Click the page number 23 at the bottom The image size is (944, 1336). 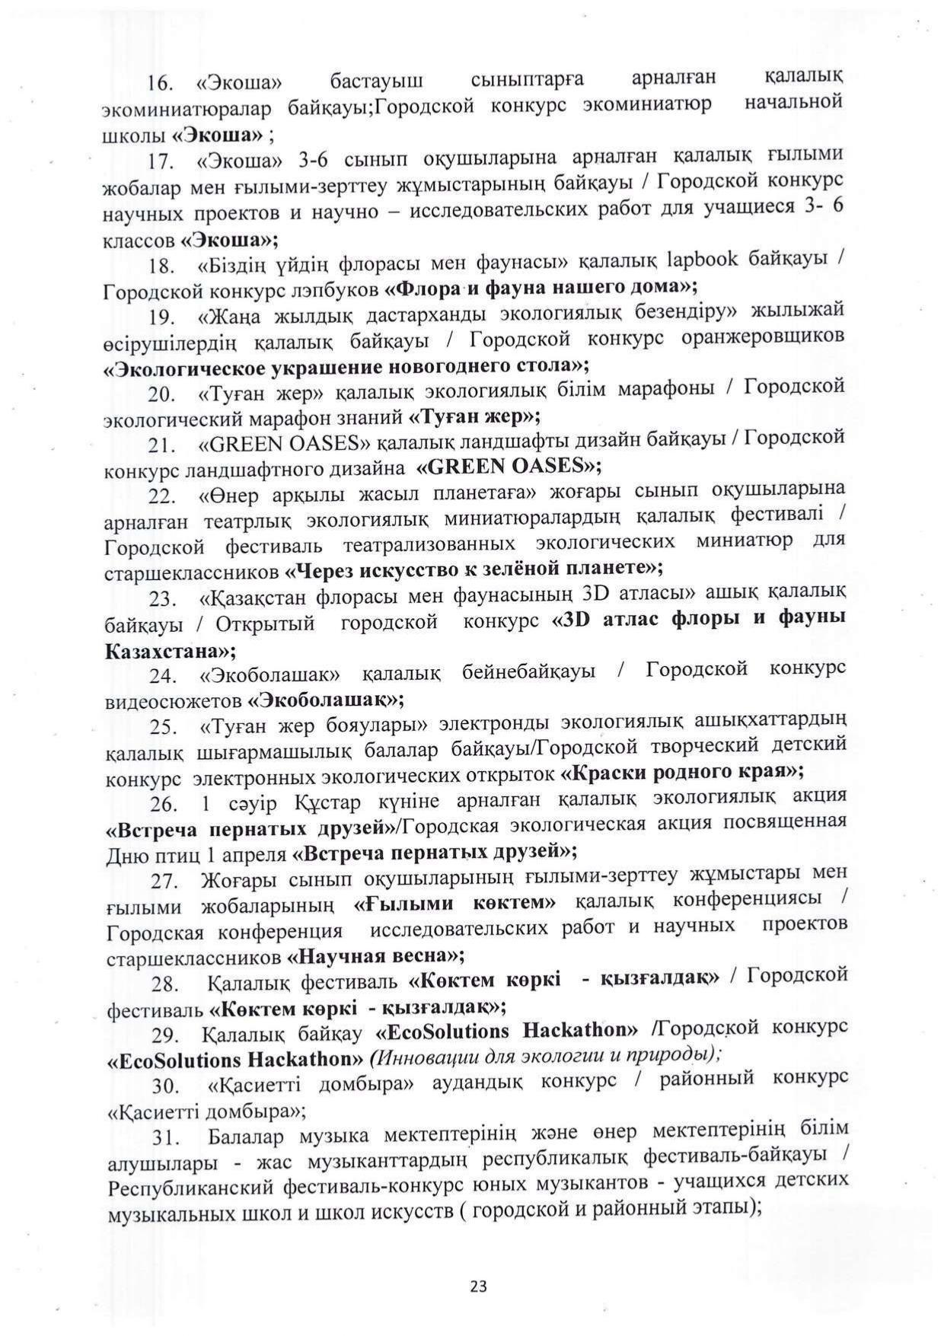(478, 1286)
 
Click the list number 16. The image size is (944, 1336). (161, 82)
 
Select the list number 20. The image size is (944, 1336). (163, 394)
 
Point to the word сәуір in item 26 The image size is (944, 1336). (247, 805)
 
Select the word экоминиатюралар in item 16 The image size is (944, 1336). (186, 110)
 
